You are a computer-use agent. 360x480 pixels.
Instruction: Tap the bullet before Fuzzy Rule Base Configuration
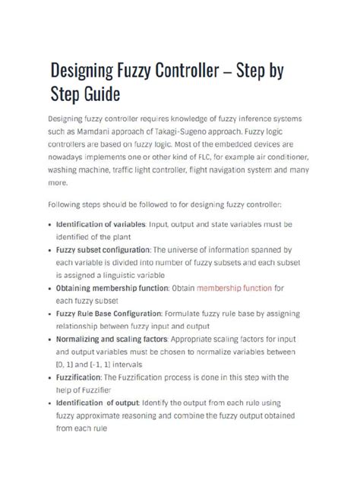tap(49, 313)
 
